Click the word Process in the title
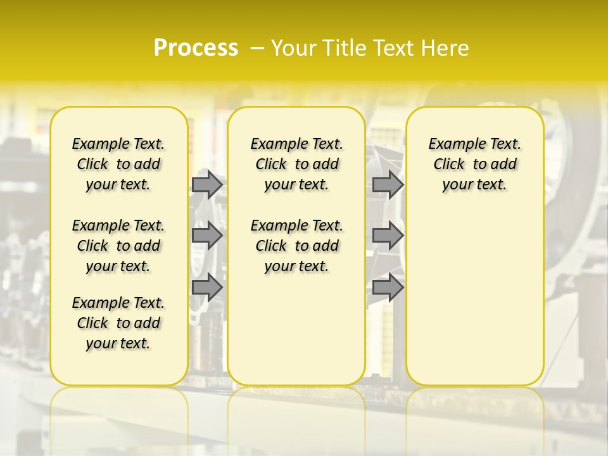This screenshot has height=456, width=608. tap(196, 48)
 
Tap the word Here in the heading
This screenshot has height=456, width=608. tap(446, 48)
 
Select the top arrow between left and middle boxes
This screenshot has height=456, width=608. tap(207, 184)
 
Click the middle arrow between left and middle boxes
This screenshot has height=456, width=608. tap(207, 236)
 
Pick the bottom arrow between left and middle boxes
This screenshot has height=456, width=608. tap(207, 288)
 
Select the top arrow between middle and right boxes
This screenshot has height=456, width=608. tap(388, 184)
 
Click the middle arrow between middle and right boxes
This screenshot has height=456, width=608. tap(388, 236)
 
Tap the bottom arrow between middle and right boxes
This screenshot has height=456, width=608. tap(388, 288)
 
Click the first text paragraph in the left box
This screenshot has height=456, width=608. tap(118, 164)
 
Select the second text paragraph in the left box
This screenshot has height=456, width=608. tap(118, 246)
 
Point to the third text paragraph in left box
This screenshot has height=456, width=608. tap(118, 323)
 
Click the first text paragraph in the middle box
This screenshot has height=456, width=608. tap(296, 164)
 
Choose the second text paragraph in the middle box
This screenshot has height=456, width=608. tap(296, 246)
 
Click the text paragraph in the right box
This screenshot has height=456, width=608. tap(475, 164)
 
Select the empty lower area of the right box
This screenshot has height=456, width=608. tap(475, 304)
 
